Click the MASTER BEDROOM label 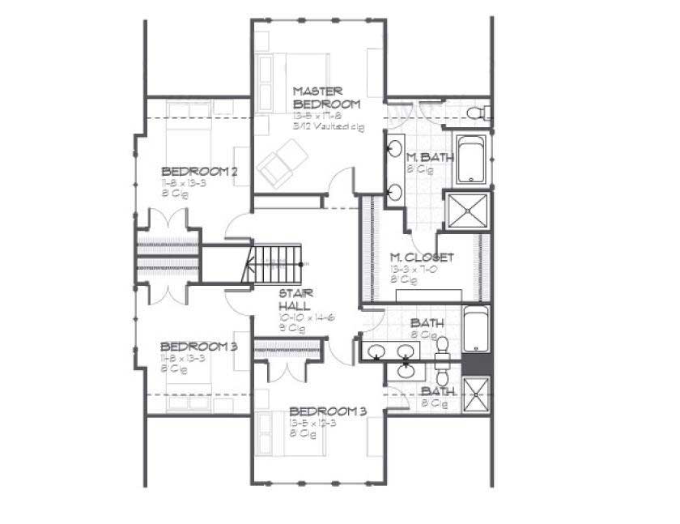[x=326, y=98]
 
